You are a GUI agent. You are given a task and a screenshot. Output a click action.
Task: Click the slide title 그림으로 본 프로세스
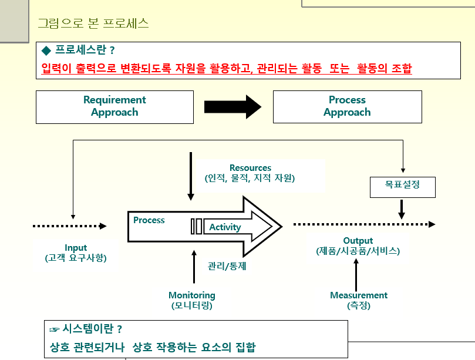(93, 24)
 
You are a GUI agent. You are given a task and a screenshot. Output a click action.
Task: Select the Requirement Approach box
(114, 106)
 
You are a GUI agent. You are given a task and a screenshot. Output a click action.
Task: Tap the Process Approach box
(347, 106)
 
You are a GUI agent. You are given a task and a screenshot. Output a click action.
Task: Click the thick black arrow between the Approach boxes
(232, 106)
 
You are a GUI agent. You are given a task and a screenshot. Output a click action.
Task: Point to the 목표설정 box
(402, 187)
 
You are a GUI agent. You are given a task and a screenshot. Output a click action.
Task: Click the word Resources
(250, 168)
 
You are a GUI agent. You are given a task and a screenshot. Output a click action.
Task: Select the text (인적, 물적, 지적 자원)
(250, 178)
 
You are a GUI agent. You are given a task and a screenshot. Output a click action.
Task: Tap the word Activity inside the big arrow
(225, 227)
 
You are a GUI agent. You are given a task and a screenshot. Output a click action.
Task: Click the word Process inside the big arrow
(149, 220)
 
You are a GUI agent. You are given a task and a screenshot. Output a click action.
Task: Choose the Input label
(76, 248)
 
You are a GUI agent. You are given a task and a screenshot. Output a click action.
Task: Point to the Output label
(358, 241)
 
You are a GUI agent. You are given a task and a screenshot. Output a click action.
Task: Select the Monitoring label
(192, 295)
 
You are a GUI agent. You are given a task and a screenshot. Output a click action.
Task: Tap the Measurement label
(359, 295)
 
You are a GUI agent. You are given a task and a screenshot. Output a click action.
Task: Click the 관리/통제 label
(227, 265)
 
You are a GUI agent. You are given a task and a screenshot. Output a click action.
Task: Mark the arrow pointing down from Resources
(190, 176)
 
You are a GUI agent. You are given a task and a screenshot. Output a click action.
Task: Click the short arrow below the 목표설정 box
(402, 209)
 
